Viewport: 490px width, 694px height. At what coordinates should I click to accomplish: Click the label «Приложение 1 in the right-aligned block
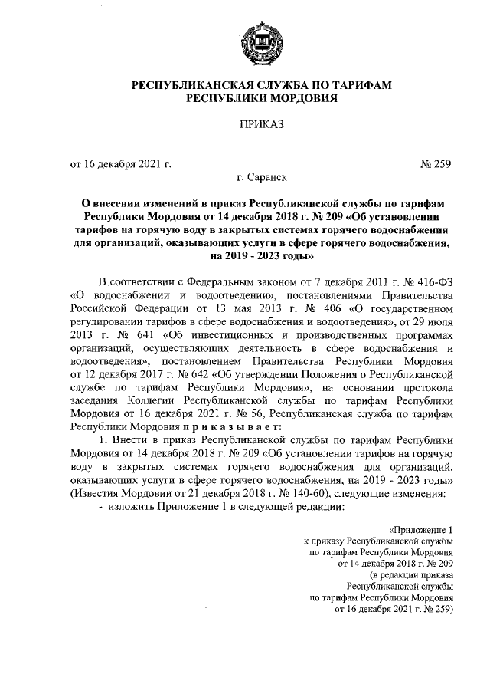click(420, 529)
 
